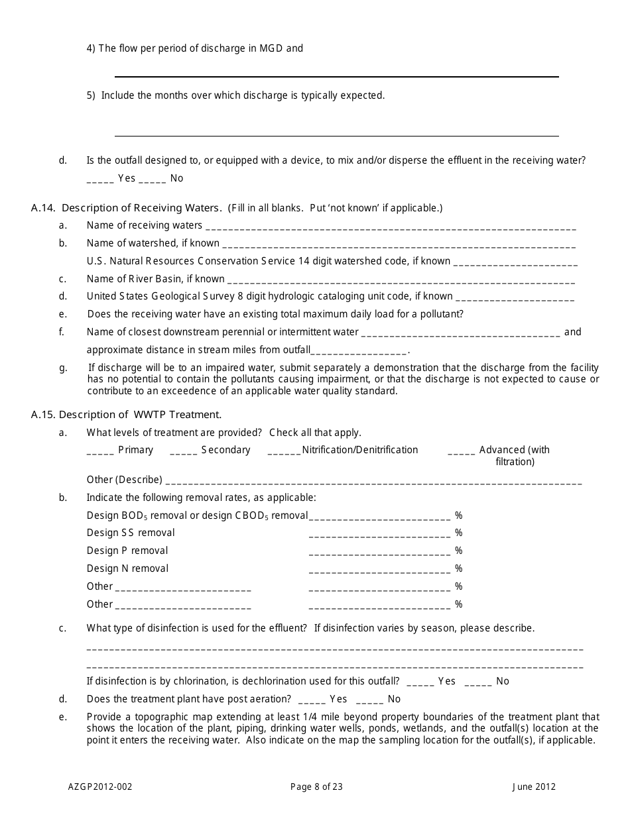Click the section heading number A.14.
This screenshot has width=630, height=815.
pos(43,208)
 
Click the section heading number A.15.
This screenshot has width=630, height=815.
pos(43,415)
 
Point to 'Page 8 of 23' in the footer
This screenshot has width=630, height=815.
pos(316,787)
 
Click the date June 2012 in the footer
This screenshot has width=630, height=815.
pos(534,787)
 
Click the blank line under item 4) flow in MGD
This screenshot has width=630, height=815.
pos(336,76)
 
